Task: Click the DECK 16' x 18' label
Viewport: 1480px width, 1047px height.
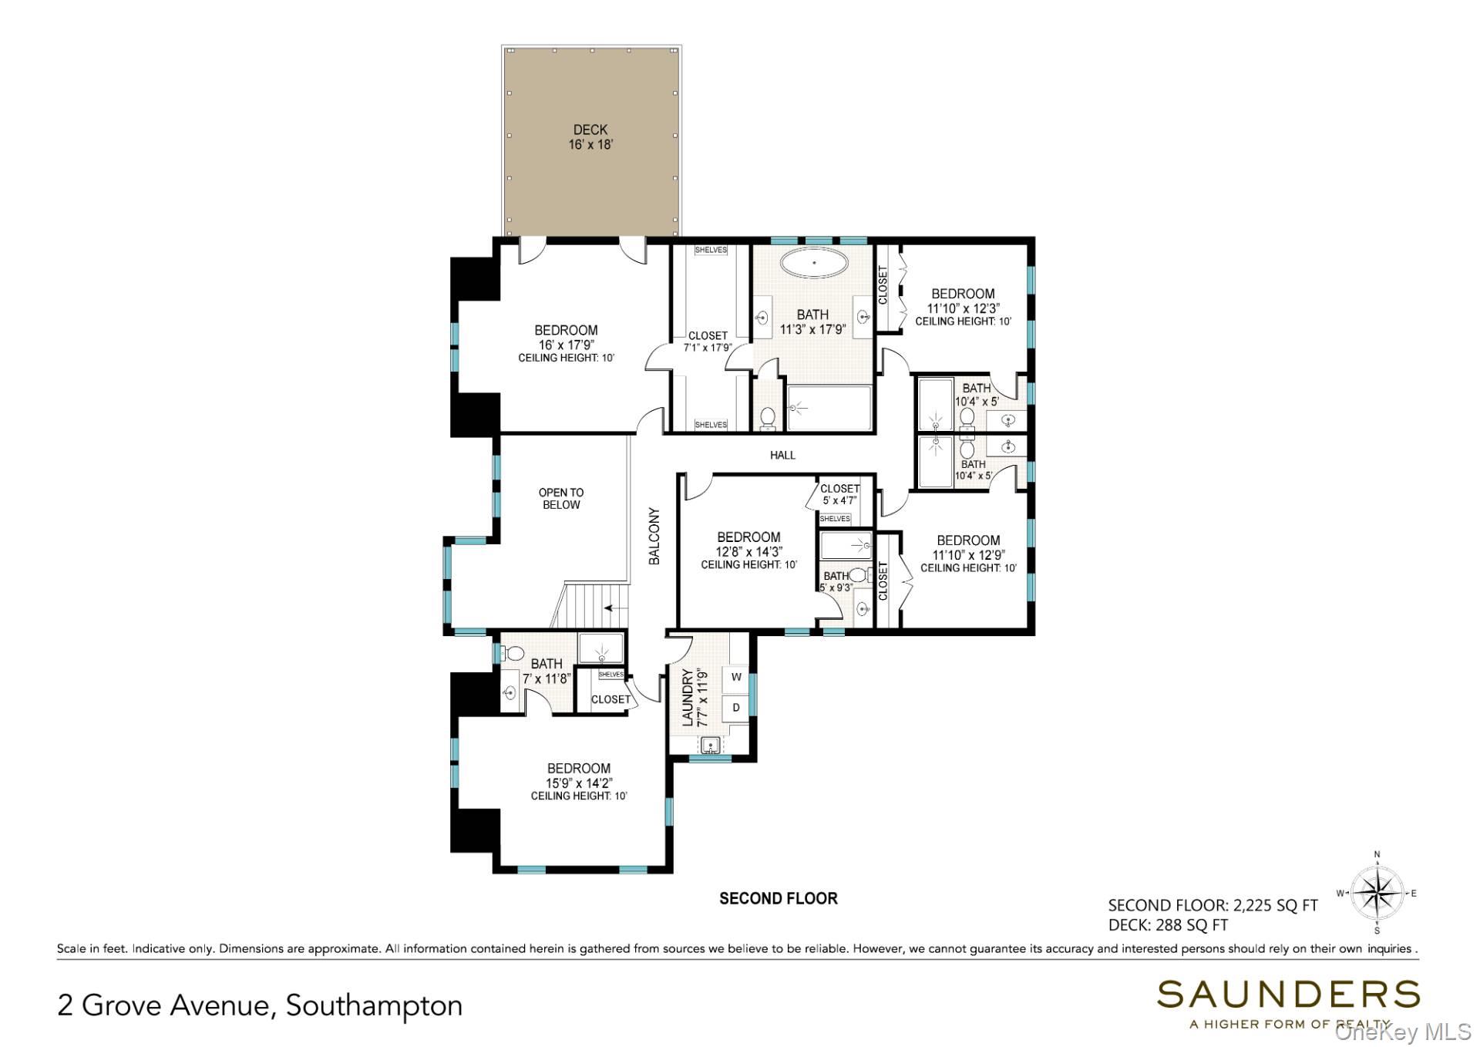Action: click(x=590, y=137)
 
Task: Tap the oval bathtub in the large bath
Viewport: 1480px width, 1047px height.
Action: click(x=814, y=263)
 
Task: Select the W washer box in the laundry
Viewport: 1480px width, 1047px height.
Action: click(x=736, y=677)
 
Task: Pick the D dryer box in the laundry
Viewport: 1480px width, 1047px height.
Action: click(x=736, y=707)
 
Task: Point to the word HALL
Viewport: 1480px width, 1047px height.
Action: click(x=782, y=456)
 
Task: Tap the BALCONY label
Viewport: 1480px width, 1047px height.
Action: click(x=654, y=536)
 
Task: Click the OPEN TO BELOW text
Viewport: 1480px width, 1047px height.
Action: click(x=561, y=499)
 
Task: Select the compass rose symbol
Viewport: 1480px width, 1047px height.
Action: click(x=1377, y=894)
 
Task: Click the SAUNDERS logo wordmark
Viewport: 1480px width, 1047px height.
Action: click(x=1287, y=995)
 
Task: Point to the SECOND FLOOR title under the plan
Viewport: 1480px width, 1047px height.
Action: click(x=778, y=898)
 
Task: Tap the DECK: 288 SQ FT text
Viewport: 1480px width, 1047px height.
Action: click(x=1168, y=925)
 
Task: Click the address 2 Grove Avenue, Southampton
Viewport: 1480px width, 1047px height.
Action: click(x=260, y=1005)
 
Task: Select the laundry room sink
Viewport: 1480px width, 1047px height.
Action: click(x=710, y=745)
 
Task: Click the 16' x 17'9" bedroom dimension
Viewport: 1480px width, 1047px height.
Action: click(x=566, y=345)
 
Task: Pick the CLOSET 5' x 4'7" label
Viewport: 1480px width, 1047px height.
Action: click(x=839, y=494)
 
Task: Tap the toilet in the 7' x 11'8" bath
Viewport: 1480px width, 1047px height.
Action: click(x=514, y=654)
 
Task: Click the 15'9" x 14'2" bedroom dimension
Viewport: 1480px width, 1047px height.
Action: click(x=579, y=783)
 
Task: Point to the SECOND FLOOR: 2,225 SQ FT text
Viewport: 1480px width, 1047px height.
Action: click(x=1213, y=906)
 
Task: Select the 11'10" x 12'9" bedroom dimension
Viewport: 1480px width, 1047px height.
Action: click(x=968, y=554)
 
